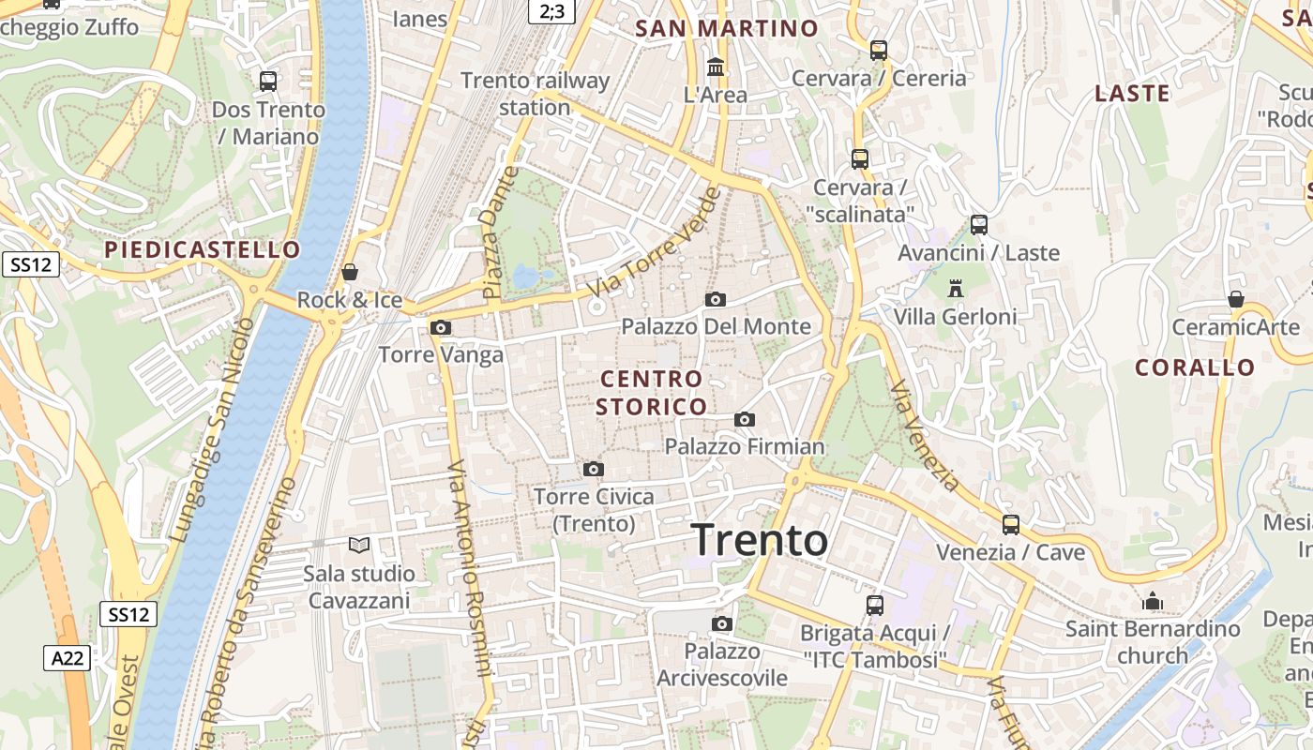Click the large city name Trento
coord(760,541)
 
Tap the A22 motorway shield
coord(67,658)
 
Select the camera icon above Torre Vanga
coord(440,327)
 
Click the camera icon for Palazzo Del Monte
coord(716,299)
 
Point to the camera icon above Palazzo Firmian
coord(745,419)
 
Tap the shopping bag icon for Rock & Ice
coord(350,273)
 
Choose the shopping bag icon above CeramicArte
coord(1236,300)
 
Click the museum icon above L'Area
coord(717,67)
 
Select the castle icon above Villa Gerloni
coord(956,288)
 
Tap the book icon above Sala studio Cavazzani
coord(359,545)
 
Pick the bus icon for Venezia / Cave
coord(1010,525)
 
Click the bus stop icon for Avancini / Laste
coord(979,225)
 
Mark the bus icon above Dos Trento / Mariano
coord(268,82)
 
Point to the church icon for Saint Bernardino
coord(1153,601)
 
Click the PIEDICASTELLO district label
coord(203,249)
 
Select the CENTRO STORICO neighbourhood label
coord(652,393)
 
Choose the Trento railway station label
coord(535,94)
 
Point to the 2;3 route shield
coord(552,10)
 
